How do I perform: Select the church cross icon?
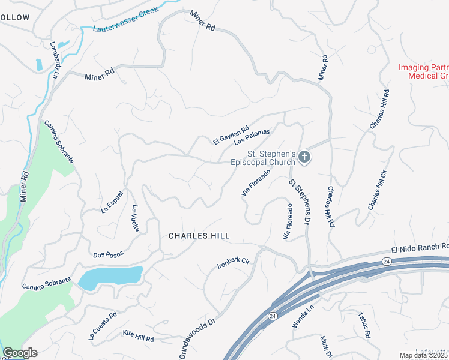[304, 158]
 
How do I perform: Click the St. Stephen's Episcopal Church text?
[263, 158]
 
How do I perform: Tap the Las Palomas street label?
[252, 137]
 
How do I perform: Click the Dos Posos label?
[108, 254]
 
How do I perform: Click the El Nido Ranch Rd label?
[420, 246]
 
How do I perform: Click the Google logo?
[20, 353]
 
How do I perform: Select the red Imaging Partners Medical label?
[424, 71]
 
